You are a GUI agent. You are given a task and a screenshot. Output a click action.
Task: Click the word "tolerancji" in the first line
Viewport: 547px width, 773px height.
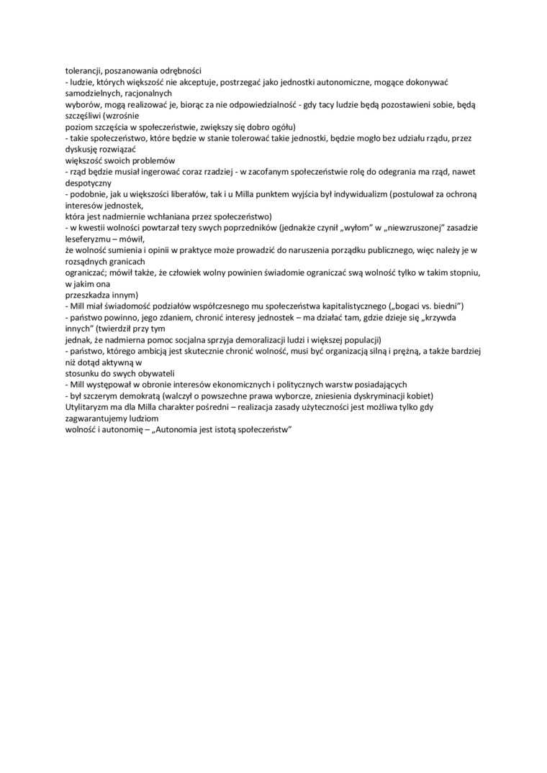tap(83, 70)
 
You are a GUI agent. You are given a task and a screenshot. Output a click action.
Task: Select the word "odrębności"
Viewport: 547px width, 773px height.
tap(179, 70)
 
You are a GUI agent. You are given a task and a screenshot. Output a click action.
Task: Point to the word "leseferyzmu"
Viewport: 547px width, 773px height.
tap(92, 239)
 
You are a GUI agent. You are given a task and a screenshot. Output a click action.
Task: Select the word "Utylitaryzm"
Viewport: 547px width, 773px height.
tap(89, 407)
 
